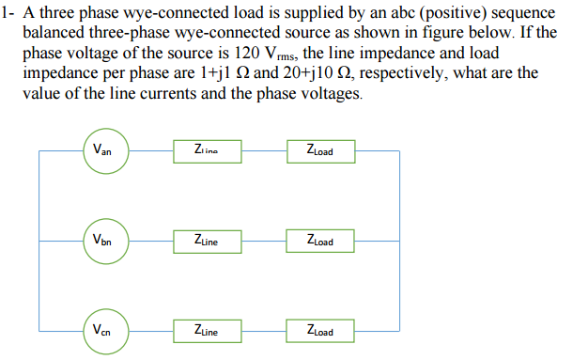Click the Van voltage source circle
[x=104, y=150]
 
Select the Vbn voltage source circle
[x=104, y=241]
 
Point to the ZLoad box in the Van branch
[x=320, y=150]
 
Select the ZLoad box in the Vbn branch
[x=320, y=241]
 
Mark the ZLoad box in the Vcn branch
[x=320, y=331]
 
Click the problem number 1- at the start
[x=8, y=12]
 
